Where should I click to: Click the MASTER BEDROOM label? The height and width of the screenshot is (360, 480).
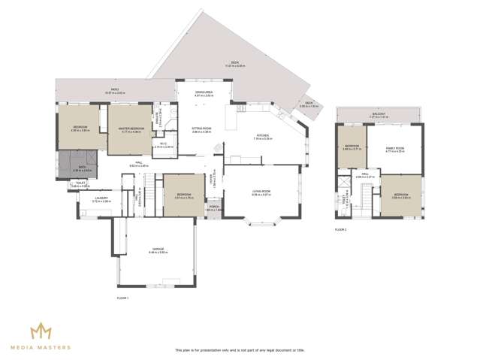coord(131,129)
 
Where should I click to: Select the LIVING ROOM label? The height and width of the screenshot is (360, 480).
coord(261,192)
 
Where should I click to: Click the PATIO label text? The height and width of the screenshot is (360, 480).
coord(115,89)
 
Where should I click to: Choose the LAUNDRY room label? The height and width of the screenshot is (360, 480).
coord(101,198)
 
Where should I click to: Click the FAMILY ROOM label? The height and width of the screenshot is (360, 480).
coord(395,149)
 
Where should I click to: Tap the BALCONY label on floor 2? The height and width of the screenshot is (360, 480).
coord(378,114)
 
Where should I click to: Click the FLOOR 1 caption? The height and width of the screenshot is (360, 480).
coord(123,298)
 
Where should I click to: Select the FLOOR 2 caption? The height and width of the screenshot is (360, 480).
coord(341,230)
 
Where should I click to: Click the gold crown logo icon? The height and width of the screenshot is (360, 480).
coord(41,331)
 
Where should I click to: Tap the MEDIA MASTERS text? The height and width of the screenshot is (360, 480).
coord(41,348)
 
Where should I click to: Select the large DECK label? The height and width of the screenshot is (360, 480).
coord(234,65)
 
